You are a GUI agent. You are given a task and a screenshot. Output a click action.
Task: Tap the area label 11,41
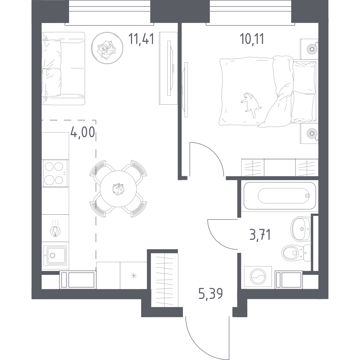tap(141, 38)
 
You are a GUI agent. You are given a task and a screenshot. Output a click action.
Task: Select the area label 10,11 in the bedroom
tap(252, 39)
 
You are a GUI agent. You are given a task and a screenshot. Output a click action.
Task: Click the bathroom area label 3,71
tap(260, 235)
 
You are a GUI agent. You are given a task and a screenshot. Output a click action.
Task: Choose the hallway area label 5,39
tap(211, 294)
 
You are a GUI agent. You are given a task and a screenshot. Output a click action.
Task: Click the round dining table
tap(118, 188)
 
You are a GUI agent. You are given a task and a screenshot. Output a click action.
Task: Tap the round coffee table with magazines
tap(107, 48)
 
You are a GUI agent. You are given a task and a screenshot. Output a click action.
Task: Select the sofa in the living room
tap(63, 68)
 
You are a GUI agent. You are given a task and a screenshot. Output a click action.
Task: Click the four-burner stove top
tap(55, 173)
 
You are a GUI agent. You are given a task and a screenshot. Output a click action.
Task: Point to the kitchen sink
tap(55, 255)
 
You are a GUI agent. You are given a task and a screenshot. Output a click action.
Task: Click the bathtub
tap(280, 196)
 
